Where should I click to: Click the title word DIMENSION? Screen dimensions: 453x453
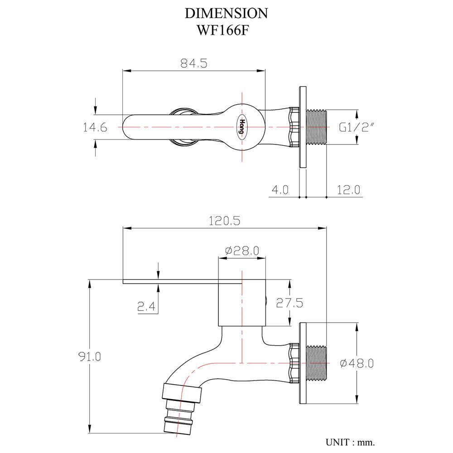(x=226, y=13)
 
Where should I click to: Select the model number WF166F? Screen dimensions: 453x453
(x=226, y=30)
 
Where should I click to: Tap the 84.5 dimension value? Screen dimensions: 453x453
(x=193, y=63)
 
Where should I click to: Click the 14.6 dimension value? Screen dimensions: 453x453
(x=95, y=128)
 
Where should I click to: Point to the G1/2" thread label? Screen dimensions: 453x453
(x=356, y=128)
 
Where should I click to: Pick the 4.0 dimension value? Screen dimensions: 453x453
(x=280, y=190)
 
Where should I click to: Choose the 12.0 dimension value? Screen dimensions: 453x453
(x=348, y=190)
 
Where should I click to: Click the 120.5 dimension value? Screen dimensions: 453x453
(x=223, y=222)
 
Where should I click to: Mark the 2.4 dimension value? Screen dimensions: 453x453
(x=147, y=308)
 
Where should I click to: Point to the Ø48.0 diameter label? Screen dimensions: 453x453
(x=357, y=363)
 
